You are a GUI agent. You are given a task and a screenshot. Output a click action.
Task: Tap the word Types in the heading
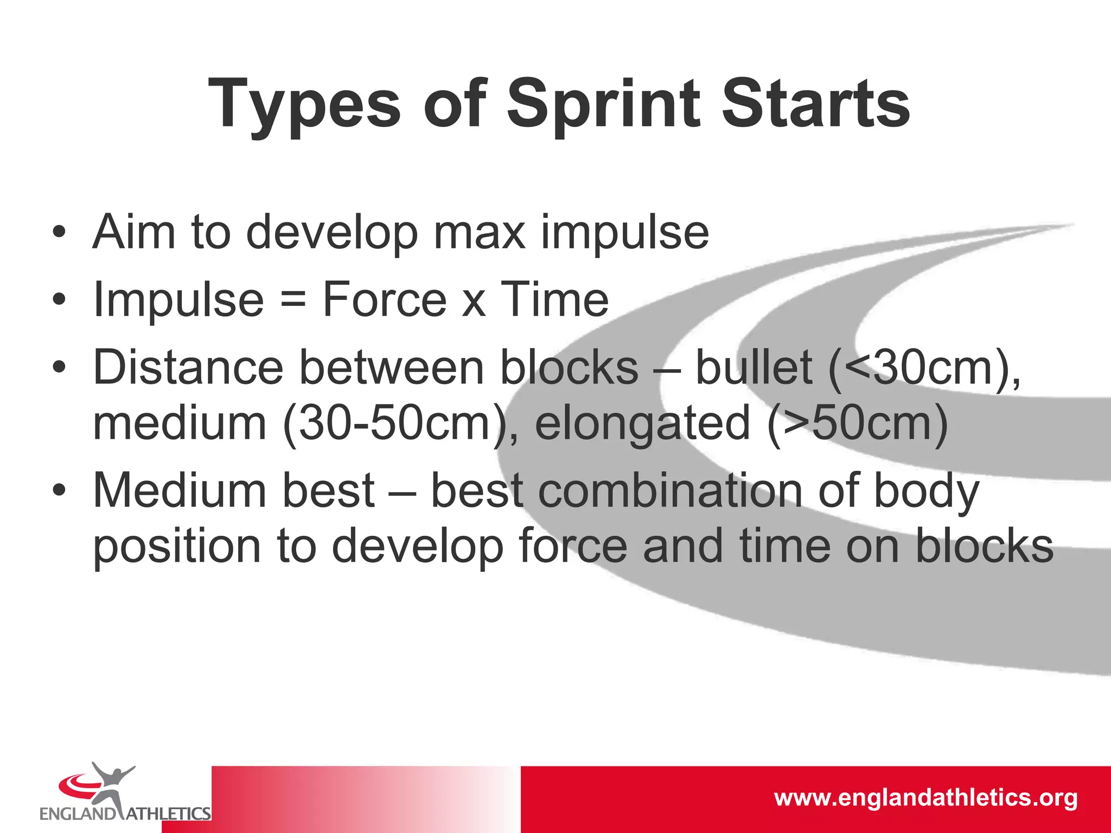point(304,104)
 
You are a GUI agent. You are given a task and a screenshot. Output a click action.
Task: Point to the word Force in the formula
point(384,299)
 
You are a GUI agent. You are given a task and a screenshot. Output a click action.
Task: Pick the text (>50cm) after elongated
point(857,424)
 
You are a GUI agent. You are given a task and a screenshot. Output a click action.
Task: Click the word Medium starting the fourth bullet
point(180,491)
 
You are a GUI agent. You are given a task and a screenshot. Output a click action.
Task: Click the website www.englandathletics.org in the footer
point(925,798)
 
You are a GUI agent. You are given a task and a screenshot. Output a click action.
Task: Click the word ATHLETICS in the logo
point(169,814)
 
